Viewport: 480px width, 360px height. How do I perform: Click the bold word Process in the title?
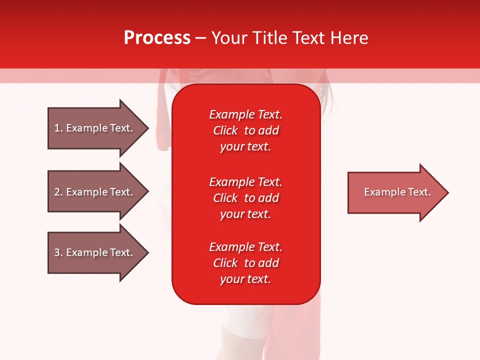coord(157,38)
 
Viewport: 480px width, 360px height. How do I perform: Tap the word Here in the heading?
coord(348,38)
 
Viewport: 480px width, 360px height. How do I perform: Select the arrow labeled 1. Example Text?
coord(93,128)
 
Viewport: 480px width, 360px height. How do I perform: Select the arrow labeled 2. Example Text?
coord(93,192)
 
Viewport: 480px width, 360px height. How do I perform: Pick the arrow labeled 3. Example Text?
coord(93,252)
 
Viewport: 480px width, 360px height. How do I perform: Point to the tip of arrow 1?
coord(147,128)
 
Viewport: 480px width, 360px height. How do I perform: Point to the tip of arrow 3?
coord(147,252)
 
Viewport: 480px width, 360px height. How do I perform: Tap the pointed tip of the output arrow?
coord(447,192)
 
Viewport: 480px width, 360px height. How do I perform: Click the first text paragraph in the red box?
coord(245,130)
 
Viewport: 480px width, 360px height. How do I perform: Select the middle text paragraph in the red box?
coord(245,198)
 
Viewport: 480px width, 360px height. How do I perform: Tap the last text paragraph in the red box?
coord(245,263)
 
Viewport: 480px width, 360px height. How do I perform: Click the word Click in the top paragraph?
coord(225,130)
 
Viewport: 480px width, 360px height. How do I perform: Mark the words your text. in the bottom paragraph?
coord(245,279)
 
